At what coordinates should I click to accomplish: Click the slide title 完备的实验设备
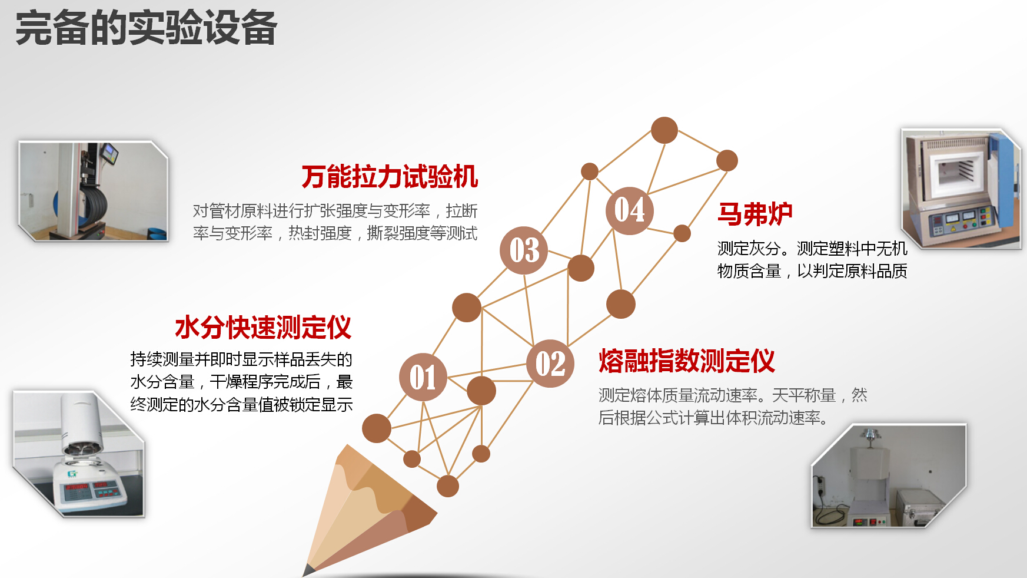[146, 28]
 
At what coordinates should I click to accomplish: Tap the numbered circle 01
[423, 377]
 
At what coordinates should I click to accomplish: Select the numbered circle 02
[550, 363]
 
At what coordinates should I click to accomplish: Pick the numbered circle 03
[524, 250]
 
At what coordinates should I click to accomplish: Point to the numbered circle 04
[630, 210]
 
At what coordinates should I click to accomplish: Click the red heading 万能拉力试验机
[390, 177]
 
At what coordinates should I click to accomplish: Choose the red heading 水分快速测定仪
[263, 328]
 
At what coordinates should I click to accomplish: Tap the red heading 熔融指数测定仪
[687, 361]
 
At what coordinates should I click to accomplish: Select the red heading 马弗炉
[755, 214]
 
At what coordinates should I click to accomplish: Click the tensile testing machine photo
[94, 191]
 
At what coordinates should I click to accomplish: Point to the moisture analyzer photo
[79, 454]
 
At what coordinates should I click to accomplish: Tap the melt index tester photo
[889, 475]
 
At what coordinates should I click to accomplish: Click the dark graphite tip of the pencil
[308, 570]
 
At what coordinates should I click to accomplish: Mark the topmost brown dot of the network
[664, 130]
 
